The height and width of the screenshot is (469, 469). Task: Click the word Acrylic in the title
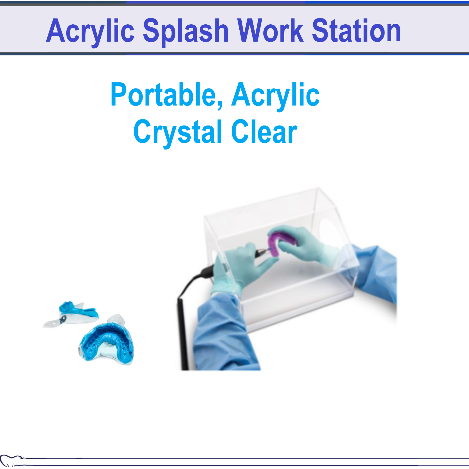[90, 31]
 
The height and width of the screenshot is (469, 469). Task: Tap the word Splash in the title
[185, 31]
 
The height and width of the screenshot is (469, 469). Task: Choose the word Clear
[264, 132]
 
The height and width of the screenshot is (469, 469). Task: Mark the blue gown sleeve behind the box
[375, 273]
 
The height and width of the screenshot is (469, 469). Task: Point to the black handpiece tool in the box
[261, 252]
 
